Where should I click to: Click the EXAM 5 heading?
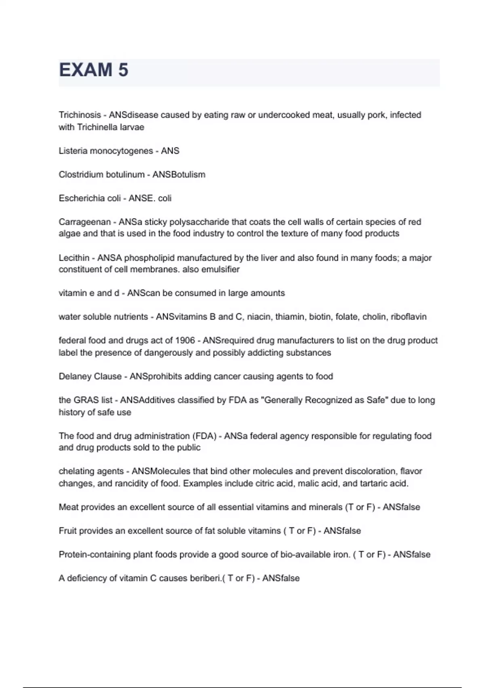(x=94, y=70)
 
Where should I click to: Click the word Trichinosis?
(x=80, y=115)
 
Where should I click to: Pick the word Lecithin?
(x=74, y=258)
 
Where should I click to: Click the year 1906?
(x=186, y=340)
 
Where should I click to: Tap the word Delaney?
(x=75, y=376)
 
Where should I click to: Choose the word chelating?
(x=76, y=471)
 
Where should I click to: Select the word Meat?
(x=69, y=507)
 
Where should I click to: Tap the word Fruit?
(x=67, y=531)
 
